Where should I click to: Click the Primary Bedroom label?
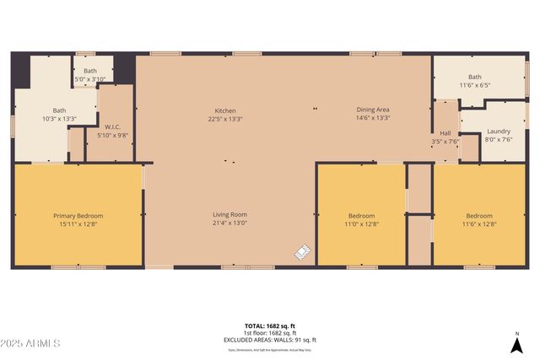(x=77, y=215)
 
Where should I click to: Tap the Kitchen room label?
(x=225, y=110)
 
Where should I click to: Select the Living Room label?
(x=229, y=214)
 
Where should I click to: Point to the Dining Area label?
(x=372, y=110)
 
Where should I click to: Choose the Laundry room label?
(x=499, y=132)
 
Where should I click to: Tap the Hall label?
(x=445, y=133)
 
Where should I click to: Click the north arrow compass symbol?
(x=516, y=343)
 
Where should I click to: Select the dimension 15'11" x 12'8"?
(x=77, y=224)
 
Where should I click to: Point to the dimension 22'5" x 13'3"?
(x=225, y=119)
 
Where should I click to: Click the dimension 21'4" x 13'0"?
(x=229, y=223)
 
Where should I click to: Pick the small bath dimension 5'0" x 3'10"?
(x=90, y=79)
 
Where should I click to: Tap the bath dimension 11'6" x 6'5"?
(x=475, y=85)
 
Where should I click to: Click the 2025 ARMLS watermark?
(x=31, y=343)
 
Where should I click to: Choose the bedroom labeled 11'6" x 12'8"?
(x=478, y=219)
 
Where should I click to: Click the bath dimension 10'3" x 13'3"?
(x=60, y=119)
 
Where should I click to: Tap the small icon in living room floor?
(x=303, y=251)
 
